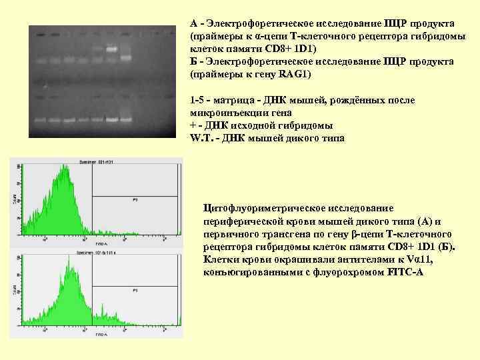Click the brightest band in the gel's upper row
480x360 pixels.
(x=112, y=49)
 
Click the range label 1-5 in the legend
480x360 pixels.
(x=198, y=101)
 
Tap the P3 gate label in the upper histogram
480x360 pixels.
(x=135, y=199)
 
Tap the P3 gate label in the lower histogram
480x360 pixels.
(x=135, y=291)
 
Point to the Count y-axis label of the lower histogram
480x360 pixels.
(x=15, y=291)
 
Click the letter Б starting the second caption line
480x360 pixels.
(x=194, y=61)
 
